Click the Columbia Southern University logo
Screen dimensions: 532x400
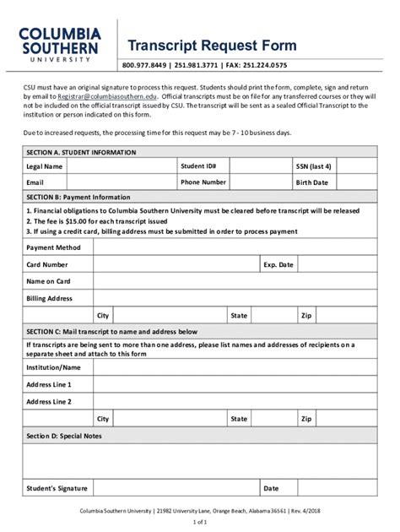point(61,45)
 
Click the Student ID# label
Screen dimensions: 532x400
point(198,167)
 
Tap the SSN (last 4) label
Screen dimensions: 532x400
point(313,167)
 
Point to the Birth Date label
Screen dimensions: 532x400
point(311,182)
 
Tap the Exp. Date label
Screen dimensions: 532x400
point(278,265)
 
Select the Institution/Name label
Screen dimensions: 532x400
point(54,368)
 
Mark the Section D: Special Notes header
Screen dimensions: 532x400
point(64,436)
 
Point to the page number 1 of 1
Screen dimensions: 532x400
point(200,523)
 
